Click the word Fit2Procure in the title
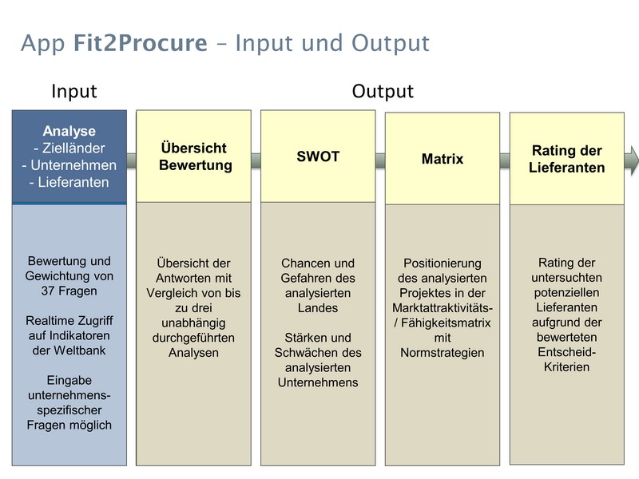pyautogui.click(x=141, y=43)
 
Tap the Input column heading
pyautogui.click(x=74, y=91)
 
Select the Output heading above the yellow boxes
pyautogui.click(x=383, y=91)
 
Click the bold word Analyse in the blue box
pyautogui.click(x=69, y=131)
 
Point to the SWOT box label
pyautogui.click(x=318, y=156)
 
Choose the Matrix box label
pyautogui.click(x=443, y=158)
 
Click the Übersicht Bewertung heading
pyautogui.click(x=194, y=156)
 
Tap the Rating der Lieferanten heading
pyautogui.click(x=567, y=159)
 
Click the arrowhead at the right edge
pyautogui.click(x=633, y=160)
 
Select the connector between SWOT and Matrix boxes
pyautogui.click(x=380, y=160)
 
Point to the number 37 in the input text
pyautogui.click(x=48, y=291)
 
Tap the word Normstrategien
pyautogui.click(x=443, y=353)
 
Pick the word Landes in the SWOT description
pyautogui.click(x=318, y=308)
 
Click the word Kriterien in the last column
pyautogui.click(x=566, y=367)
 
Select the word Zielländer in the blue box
pyautogui.click(x=73, y=148)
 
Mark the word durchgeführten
pyautogui.click(x=193, y=338)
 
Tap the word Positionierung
pyautogui.click(x=443, y=263)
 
